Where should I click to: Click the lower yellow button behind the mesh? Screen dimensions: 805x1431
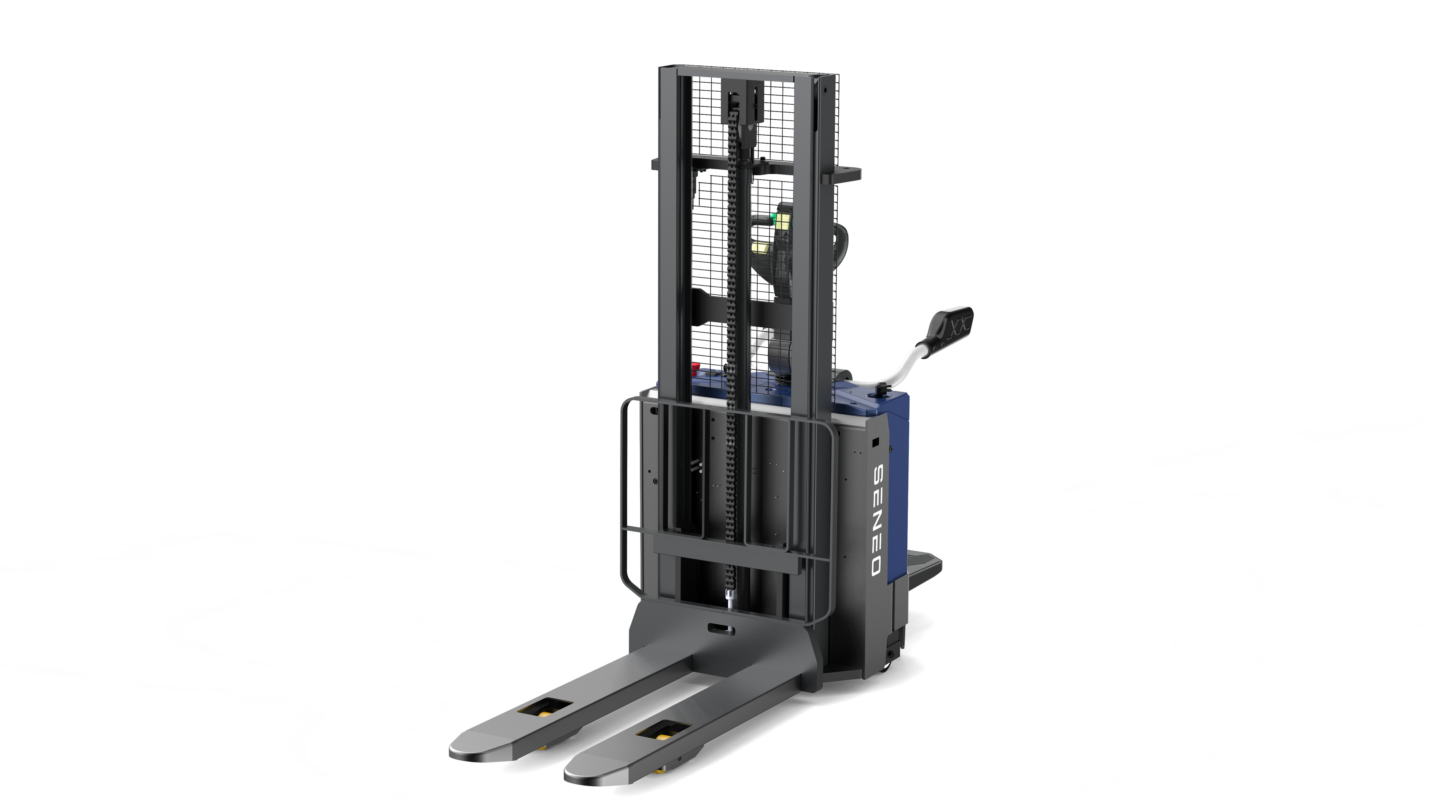click(759, 247)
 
